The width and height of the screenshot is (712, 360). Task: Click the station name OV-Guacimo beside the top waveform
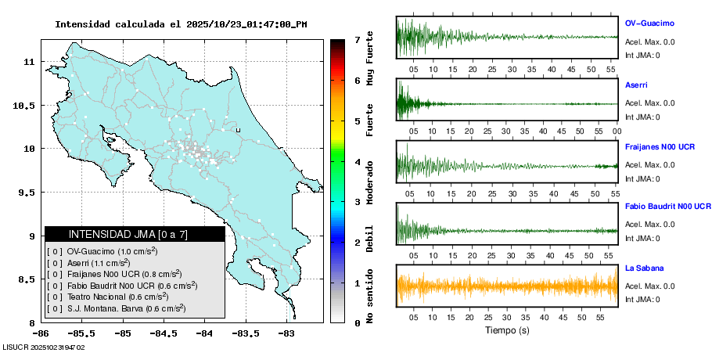649,23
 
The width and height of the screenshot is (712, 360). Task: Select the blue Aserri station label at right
636,85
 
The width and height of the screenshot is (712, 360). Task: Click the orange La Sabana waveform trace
507,287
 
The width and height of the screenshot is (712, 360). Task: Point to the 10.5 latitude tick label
24,106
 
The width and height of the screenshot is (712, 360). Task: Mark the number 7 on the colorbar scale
357,39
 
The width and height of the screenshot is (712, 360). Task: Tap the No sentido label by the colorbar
371,296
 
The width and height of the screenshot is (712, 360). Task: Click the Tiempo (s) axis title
507,330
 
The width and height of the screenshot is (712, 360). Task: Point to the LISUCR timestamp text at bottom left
44,347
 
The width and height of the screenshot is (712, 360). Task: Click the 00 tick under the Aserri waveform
617,131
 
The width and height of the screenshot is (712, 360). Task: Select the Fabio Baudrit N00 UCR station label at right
667,207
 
